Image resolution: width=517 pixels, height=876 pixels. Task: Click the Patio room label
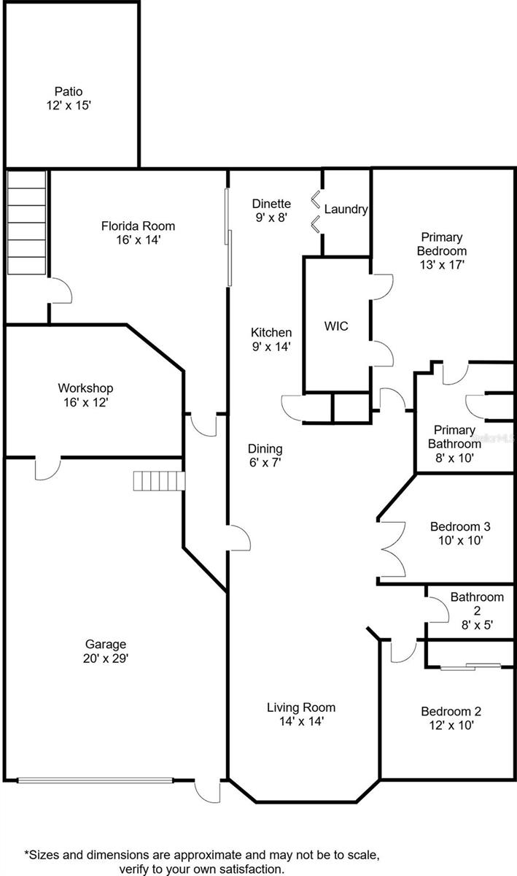[68, 92]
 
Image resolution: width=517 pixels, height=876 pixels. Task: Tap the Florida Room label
[138, 226]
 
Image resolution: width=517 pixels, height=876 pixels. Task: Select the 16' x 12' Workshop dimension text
[85, 401]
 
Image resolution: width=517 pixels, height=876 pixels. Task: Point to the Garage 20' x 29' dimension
[106, 658]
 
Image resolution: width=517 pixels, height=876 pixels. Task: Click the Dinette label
[271, 204]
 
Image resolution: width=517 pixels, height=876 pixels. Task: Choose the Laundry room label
[346, 210]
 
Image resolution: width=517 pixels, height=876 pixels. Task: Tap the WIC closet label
[336, 326]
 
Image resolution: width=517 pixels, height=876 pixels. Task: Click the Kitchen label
[271, 332]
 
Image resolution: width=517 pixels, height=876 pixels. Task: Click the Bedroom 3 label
[459, 526]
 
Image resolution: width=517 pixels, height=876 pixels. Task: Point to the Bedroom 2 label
[451, 711]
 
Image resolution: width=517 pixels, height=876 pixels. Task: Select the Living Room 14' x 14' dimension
[300, 721]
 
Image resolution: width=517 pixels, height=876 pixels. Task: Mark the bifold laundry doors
[316, 211]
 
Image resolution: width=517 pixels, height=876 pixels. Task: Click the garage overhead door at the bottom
[95, 780]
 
